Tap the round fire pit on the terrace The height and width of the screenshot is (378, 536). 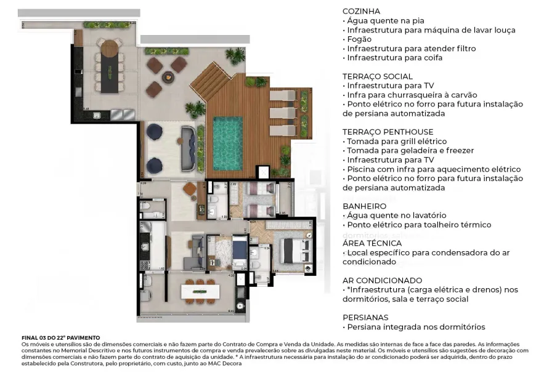(167, 78)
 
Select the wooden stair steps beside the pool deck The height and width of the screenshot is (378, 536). (206, 78)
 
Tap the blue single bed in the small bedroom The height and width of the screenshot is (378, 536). (239, 253)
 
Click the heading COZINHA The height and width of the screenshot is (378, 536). (361, 11)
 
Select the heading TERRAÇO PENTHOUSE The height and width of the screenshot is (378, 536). (388, 132)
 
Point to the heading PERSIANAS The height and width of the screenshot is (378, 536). (366, 317)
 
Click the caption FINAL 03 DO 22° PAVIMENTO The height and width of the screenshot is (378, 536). (60, 338)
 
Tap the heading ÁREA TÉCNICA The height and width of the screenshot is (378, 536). (372, 243)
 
